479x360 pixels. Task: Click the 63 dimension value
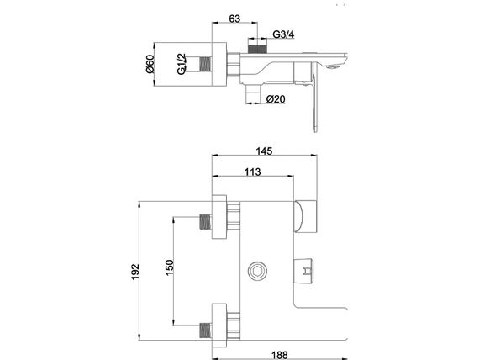point(234,19)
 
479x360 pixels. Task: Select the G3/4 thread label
point(283,34)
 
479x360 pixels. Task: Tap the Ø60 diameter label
point(150,65)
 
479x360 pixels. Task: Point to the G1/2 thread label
point(182,64)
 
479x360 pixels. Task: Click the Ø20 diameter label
point(276,99)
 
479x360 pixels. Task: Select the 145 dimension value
point(264,151)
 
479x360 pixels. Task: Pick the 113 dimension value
point(253,172)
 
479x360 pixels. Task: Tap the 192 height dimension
point(134,272)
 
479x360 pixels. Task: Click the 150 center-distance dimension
point(169,267)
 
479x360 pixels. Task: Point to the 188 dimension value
point(280,355)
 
